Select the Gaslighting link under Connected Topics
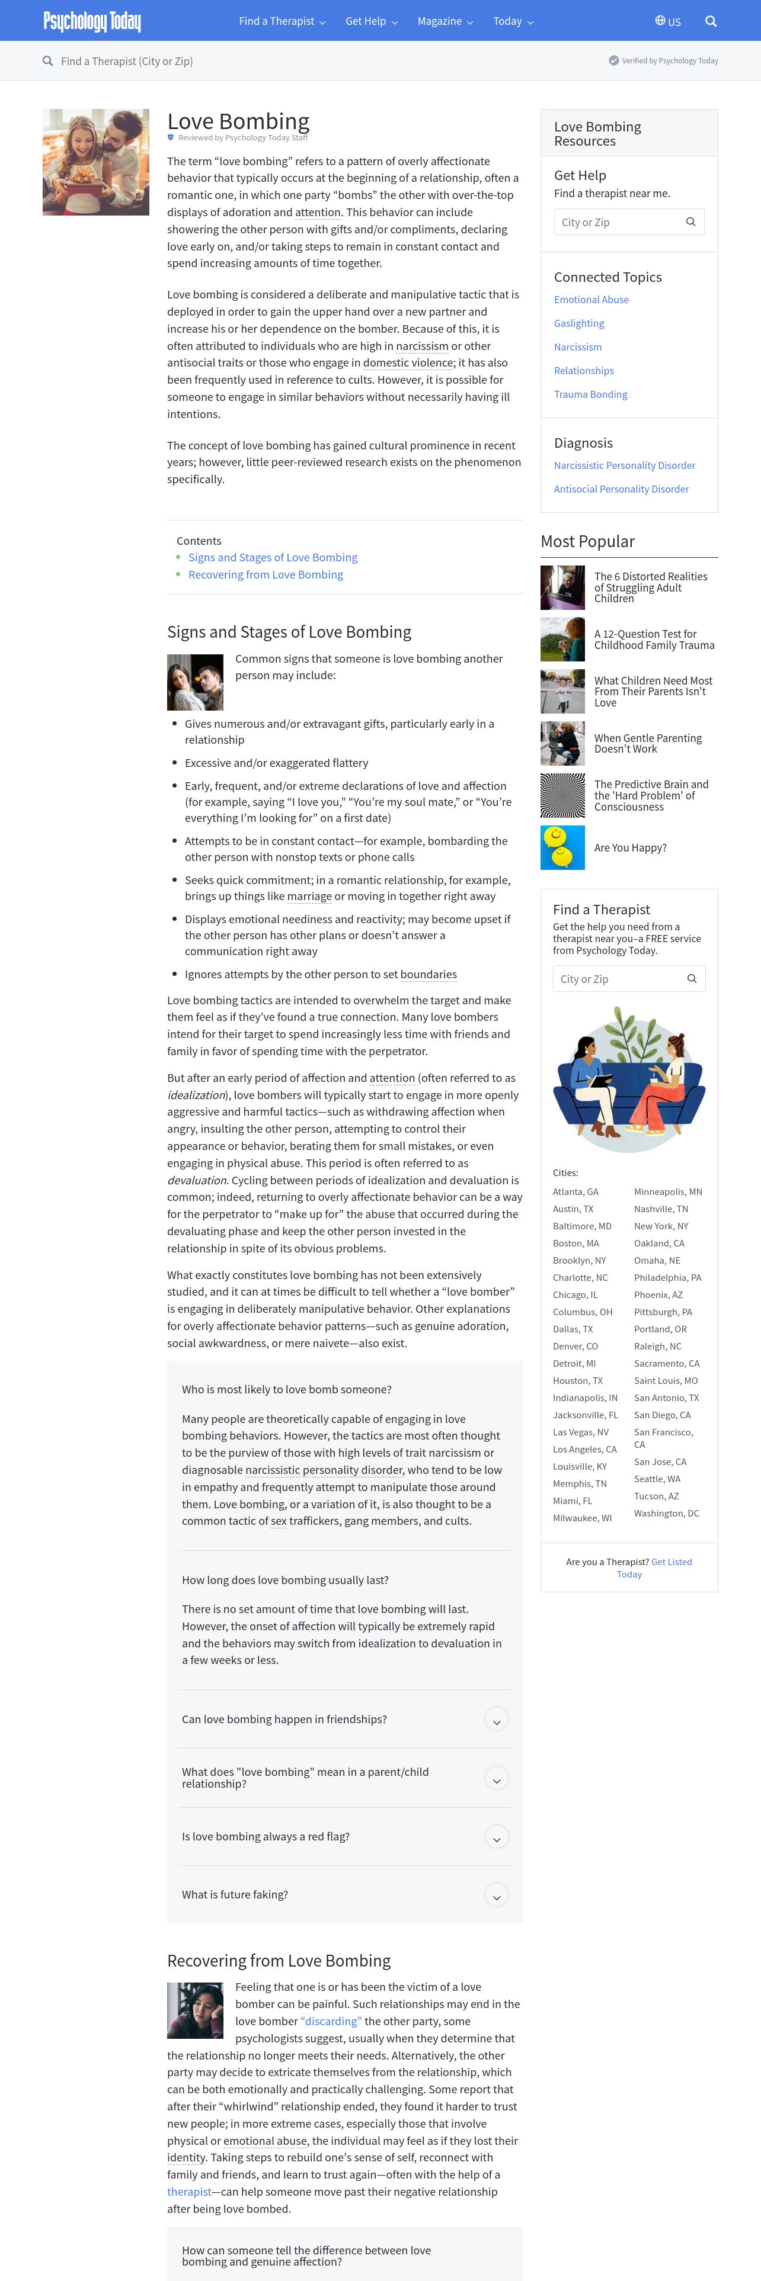578,323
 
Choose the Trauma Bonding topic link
590,394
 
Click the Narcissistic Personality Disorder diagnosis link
623,465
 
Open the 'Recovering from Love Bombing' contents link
265,574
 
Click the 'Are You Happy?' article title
630,847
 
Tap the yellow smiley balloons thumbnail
562,847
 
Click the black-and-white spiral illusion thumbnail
562,795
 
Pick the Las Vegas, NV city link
580,1432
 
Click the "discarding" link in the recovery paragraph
331,2020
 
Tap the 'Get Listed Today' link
656,1567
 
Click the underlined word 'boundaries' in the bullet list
428,974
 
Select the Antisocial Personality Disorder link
621,489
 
